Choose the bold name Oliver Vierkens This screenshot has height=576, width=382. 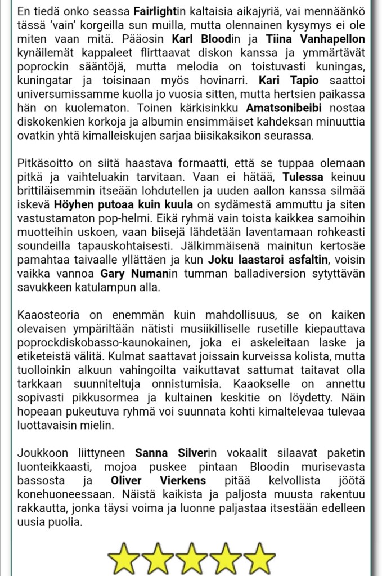158,481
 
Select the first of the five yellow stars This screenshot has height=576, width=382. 124,559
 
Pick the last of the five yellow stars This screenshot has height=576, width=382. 259,559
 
